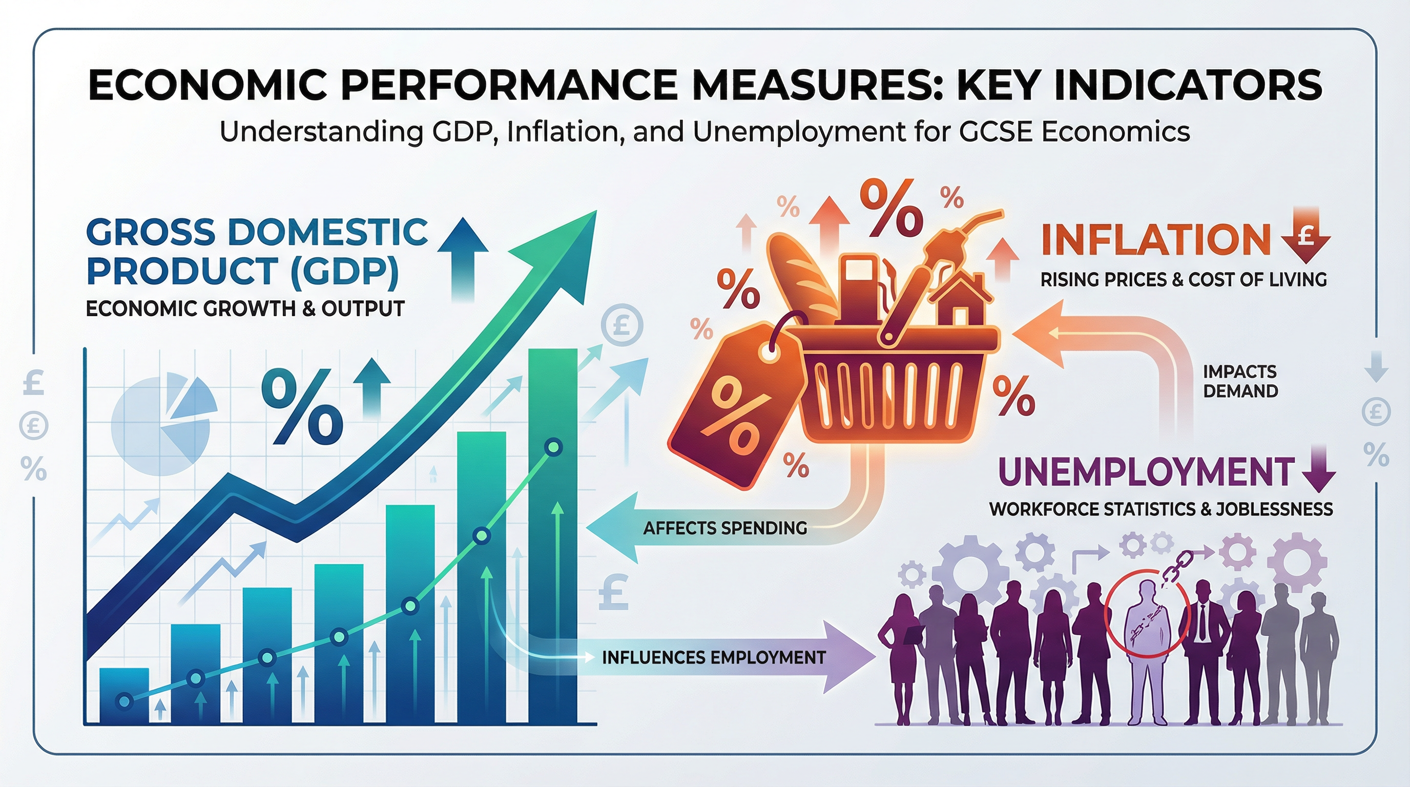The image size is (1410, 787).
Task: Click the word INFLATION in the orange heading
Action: (1155, 240)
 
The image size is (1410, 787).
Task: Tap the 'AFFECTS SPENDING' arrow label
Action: (724, 528)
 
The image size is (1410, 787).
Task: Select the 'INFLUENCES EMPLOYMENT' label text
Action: (714, 657)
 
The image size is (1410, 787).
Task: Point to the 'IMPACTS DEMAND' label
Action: (1240, 382)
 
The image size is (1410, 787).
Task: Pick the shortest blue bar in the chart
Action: (125, 695)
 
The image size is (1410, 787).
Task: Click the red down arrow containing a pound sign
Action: (1306, 241)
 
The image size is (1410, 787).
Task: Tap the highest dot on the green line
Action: (553, 448)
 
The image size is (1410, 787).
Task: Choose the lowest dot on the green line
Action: (125, 701)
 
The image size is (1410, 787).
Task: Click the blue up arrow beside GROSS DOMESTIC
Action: (463, 257)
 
